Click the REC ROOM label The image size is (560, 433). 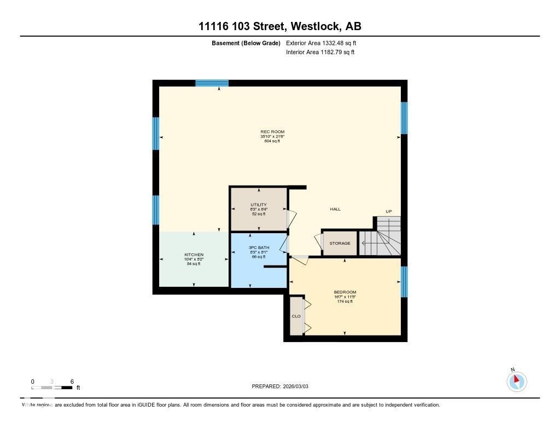tap(272, 131)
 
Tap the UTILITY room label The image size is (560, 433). tap(259, 205)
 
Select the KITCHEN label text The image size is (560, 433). tap(194, 255)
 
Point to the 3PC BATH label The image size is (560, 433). tap(259, 247)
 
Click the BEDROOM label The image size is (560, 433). tap(345, 292)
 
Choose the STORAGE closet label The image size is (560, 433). tap(340, 243)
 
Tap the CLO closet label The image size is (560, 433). tap(296, 316)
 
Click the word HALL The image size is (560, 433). tap(335, 209)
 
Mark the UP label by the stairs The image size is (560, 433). tap(388, 212)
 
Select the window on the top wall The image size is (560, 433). tap(212, 83)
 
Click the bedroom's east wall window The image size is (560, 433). tap(404, 281)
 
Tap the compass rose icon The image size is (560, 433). tap(516, 381)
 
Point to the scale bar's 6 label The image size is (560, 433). tap(72, 382)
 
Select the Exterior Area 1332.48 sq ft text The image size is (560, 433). tap(321, 43)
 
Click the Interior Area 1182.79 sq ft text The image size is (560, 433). tap(320, 53)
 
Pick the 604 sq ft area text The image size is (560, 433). tap(272, 141)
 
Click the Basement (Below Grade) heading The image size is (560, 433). tap(246, 43)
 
